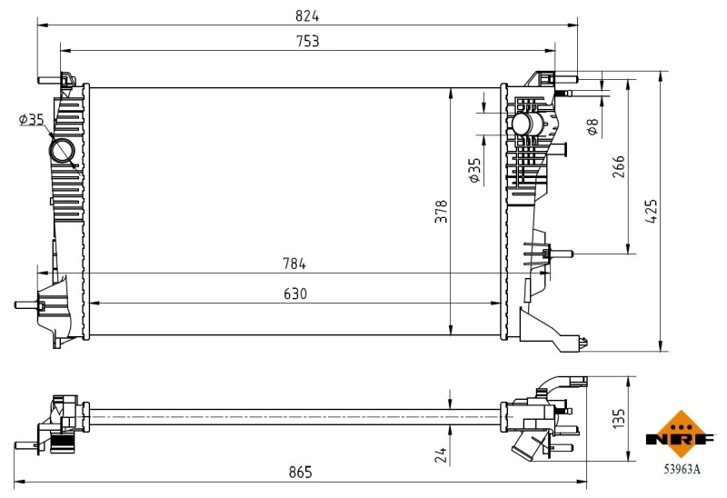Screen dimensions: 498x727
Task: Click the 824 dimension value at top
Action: point(306,16)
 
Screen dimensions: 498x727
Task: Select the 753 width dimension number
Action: point(306,41)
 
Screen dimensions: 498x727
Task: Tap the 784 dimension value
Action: point(293,264)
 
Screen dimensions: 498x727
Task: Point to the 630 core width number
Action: point(294,294)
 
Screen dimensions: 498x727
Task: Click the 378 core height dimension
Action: point(440,211)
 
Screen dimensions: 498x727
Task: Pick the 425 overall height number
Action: point(651,211)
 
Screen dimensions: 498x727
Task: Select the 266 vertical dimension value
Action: point(618,167)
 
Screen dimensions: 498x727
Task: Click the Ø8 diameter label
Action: point(592,126)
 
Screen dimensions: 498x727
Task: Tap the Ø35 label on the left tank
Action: point(31,119)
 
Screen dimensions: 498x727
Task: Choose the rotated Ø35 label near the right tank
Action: point(473,170)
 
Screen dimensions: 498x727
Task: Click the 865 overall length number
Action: point(301,472)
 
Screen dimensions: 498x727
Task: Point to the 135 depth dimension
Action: point(618,419)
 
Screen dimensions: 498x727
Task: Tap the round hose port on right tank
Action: point(524,124)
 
